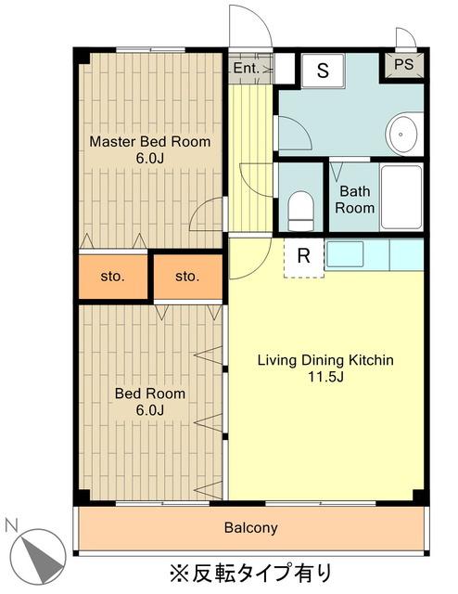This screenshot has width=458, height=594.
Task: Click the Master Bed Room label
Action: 150,142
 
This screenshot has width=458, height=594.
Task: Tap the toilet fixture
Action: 301,211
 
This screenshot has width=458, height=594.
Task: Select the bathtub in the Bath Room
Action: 401,197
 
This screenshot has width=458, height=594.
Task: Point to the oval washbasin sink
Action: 401,134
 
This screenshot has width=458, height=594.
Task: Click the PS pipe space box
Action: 403,64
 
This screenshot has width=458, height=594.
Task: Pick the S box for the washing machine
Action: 323,71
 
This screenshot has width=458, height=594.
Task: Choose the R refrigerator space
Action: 304,258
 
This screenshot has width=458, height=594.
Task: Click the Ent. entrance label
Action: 247,68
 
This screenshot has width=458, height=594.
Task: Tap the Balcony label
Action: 250,527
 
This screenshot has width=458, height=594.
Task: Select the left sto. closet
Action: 113,277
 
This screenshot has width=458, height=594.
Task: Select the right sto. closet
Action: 187,277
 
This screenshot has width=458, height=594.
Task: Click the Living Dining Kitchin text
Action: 325,359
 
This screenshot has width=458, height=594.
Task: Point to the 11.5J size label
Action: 325,377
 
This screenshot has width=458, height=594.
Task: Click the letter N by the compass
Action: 12,525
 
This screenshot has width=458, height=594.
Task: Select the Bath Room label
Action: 355,200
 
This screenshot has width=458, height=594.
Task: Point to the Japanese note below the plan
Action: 250,573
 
